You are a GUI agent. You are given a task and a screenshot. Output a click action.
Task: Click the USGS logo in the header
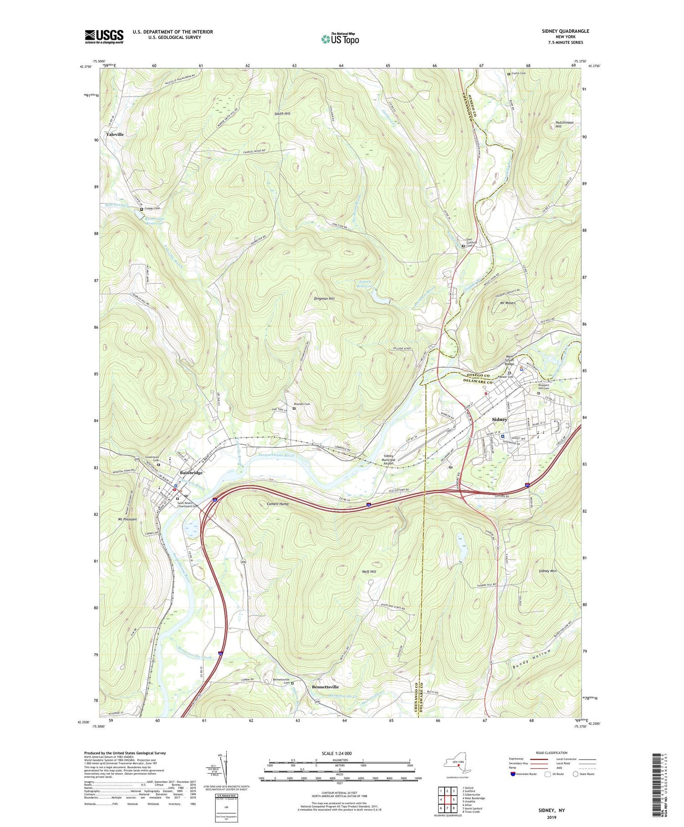[x=104, y=36]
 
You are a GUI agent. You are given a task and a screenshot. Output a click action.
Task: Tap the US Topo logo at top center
[x=340, y=39]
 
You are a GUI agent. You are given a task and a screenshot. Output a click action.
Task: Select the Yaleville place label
[x=115, y=135]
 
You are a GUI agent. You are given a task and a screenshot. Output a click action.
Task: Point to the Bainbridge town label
[x=191, y=473]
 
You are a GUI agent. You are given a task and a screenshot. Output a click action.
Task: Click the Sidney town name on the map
[x=499, y=419]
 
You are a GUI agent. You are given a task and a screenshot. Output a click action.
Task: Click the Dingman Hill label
[x=324, y=298]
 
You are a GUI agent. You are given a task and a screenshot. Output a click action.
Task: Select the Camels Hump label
[x=278, y=504]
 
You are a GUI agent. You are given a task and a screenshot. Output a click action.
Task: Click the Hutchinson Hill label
[x=564, y=124]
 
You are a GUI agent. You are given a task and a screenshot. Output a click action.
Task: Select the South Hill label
[x=282, y=114]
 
